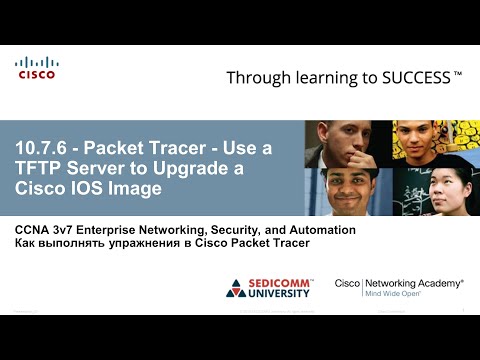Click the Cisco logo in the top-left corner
[x=36, y=68]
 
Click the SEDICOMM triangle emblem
[x=236, y=288]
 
